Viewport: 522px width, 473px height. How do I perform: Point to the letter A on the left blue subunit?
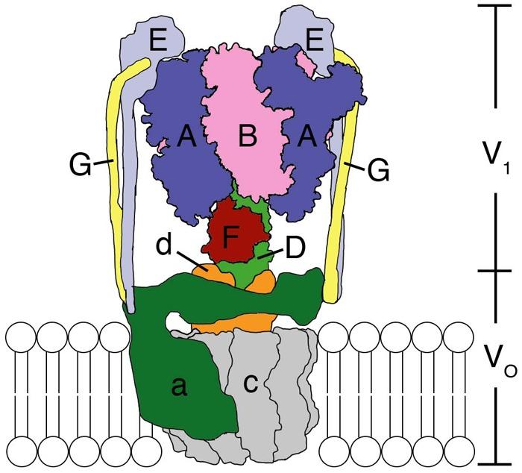click(187, 137)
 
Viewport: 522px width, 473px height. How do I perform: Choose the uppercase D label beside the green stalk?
click(295, 248)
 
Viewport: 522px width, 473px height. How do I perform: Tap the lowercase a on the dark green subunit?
click(177, 386)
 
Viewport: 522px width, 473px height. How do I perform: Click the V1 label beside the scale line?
click(491, 154)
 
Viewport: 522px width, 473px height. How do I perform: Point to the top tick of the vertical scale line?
click(499, 6)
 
